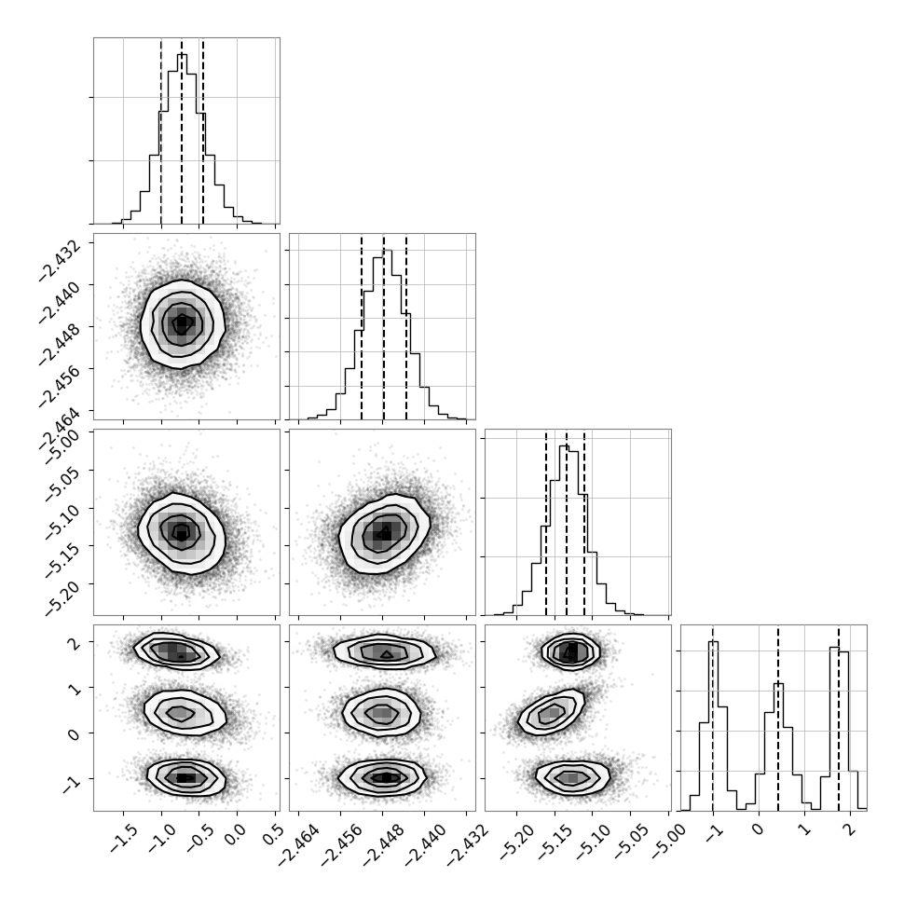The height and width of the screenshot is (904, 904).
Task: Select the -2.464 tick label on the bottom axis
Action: pyautogui.click(x=298, y=844)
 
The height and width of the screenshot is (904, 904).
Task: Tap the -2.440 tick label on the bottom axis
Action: pyautogui.click(x=425, y=844)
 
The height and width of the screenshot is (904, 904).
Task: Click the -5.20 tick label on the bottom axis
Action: pyautogui.click(x=516, y=842)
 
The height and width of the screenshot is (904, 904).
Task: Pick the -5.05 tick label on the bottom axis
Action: pyautogui.click(x=630, y=842)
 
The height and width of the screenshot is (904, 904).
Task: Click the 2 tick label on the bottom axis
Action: pyautogui.click(x=848, y=829)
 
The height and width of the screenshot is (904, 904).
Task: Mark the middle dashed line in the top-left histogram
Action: pyautogui.click(x=182, y=130)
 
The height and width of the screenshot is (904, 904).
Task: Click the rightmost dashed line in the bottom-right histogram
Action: pyautogui.click(x=838, y=718)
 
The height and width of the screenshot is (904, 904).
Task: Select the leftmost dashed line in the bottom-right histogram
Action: pyautogui.click(x=713, y=718)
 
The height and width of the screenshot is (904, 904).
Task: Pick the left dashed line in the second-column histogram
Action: pyautogui.click(x=362, y=326)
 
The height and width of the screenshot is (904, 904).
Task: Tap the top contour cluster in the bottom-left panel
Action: pyautogui.click(x=176, y=651)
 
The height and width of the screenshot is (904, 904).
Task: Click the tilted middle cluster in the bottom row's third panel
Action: pyautogui.click(x=552, y=713)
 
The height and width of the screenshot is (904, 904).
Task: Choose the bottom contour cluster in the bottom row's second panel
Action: pyautogui.click(x=382, y=777)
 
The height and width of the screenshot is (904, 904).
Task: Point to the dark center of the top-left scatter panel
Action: pyautogui.click(x=182, y=324)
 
